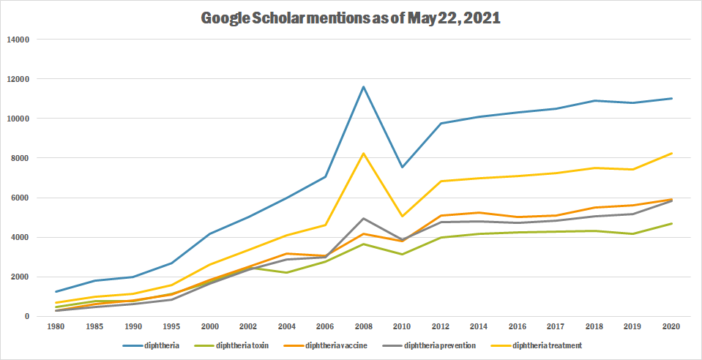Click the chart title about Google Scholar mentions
coord(351,18)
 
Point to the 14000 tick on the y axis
coord(15,40)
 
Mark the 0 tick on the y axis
coord(26,317)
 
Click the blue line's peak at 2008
coord(364,86)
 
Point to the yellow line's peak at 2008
coord(364,153)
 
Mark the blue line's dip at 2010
coord(402,167)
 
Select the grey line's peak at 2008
coord(364,218)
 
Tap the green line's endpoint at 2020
coord(671,224)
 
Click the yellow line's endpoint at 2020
coord(671,153)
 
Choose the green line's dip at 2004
coord(287,272)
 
